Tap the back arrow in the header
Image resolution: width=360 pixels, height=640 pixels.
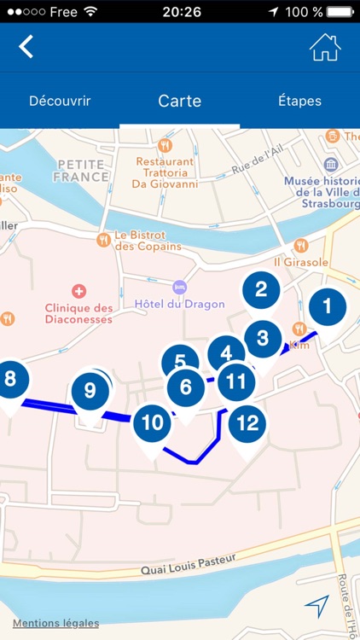[x=26, y=46]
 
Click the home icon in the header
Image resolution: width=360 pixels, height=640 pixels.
[x=324, y=47]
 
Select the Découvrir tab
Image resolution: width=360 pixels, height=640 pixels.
[x=60, y=101]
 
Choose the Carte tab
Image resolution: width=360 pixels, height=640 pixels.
[x=179, y=101]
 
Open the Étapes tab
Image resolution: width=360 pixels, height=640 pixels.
[x=299, y=101]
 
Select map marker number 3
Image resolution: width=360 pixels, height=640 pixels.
[x=262, y=339]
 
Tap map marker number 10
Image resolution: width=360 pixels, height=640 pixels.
[x=152, y=423]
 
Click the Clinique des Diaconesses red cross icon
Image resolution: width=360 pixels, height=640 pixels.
[x=79, y=291]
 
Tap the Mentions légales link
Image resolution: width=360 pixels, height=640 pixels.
[x=55, y=623]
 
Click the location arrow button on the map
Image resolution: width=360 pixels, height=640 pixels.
[x=316, y=606]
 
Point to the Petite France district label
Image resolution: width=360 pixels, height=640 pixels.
[x=83, y=171]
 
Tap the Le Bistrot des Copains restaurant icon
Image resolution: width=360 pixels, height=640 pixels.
[x=104, y=240]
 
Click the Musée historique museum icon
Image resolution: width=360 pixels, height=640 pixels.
[x=331, y=166]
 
